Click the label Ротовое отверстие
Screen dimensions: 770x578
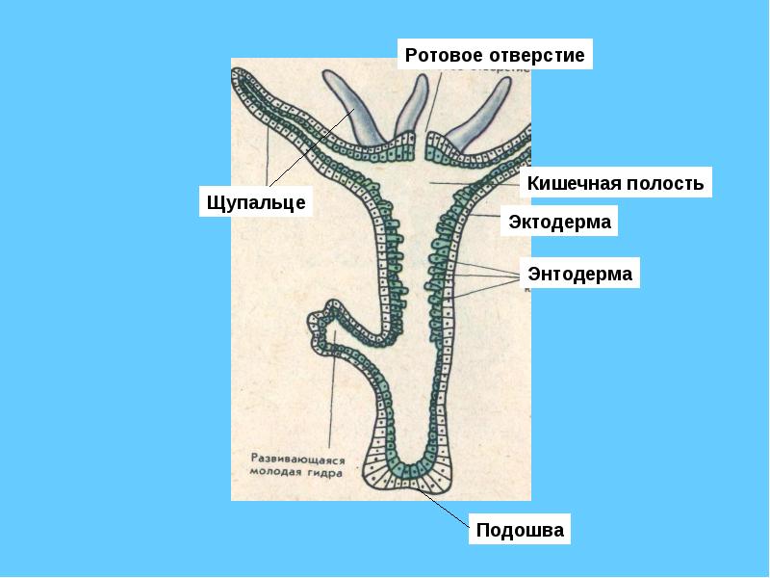(x=495, y=55)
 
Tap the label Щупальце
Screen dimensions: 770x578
(x=256, y=202)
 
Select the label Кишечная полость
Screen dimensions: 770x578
(x=615, y=183)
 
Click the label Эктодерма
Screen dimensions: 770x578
(x=560, y=223)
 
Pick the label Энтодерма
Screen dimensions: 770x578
(x=580, y=274)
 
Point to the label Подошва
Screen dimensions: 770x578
(x=520, y=531)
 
